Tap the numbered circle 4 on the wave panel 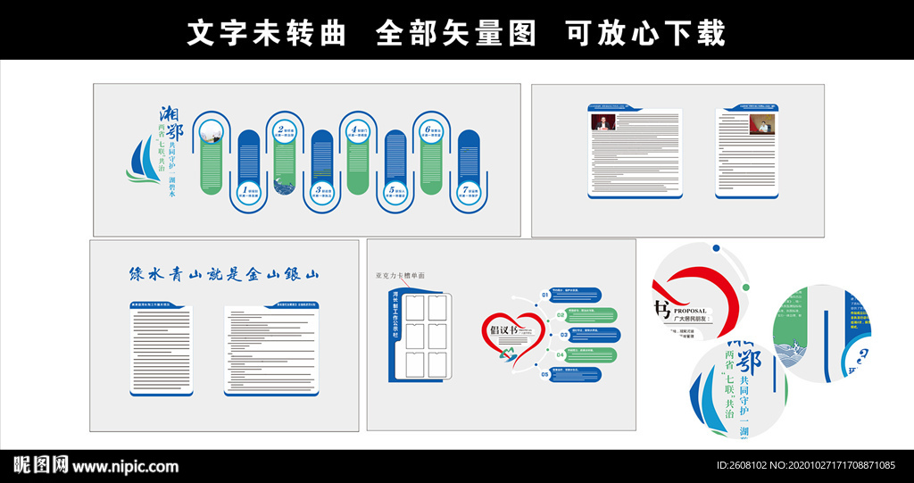point(357,132)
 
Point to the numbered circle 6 point(430,132)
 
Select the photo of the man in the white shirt point(761,124)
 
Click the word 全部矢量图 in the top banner point(456,33)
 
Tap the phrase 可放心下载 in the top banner point(645,33)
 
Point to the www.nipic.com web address point(126,466)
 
